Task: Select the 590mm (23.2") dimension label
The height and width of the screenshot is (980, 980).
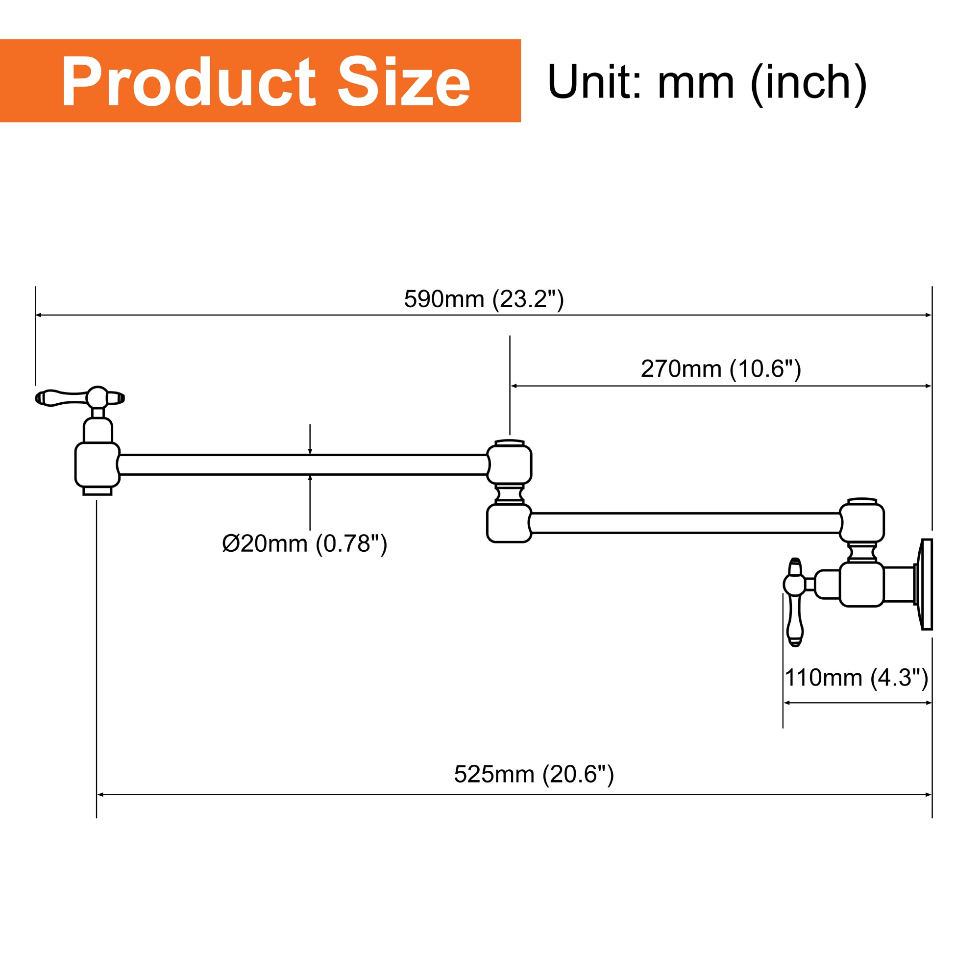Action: [x=484, y=299]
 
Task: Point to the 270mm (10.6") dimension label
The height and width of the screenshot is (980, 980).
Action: [x=721, y=369]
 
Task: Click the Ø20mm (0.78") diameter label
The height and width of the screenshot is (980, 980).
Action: [x=304, y=544]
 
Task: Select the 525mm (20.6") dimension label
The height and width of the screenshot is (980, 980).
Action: [x=534, y=774]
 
